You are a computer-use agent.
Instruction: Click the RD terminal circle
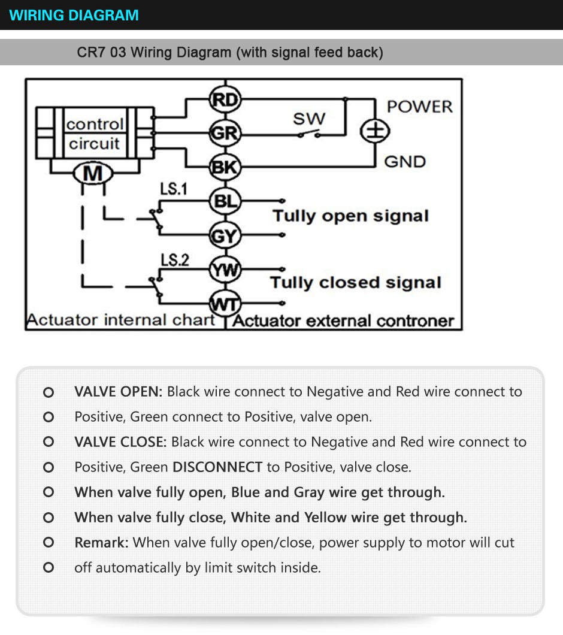225,100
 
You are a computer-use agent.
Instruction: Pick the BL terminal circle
225,202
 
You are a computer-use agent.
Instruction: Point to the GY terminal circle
225,236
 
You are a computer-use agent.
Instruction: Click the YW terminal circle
225,271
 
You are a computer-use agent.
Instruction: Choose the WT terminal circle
225,304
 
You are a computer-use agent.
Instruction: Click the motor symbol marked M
92,174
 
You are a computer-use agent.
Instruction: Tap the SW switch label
308,118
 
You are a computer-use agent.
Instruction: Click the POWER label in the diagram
419,107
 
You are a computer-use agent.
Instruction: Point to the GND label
405,162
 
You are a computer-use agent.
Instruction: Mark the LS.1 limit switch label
174,189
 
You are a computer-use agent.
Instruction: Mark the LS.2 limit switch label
174,260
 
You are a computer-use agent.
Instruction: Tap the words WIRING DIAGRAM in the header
74,15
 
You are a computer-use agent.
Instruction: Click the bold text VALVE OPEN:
118,392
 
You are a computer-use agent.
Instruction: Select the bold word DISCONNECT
217,467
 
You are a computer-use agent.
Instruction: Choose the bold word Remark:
101,543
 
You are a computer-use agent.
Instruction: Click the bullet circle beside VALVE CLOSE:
49,442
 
